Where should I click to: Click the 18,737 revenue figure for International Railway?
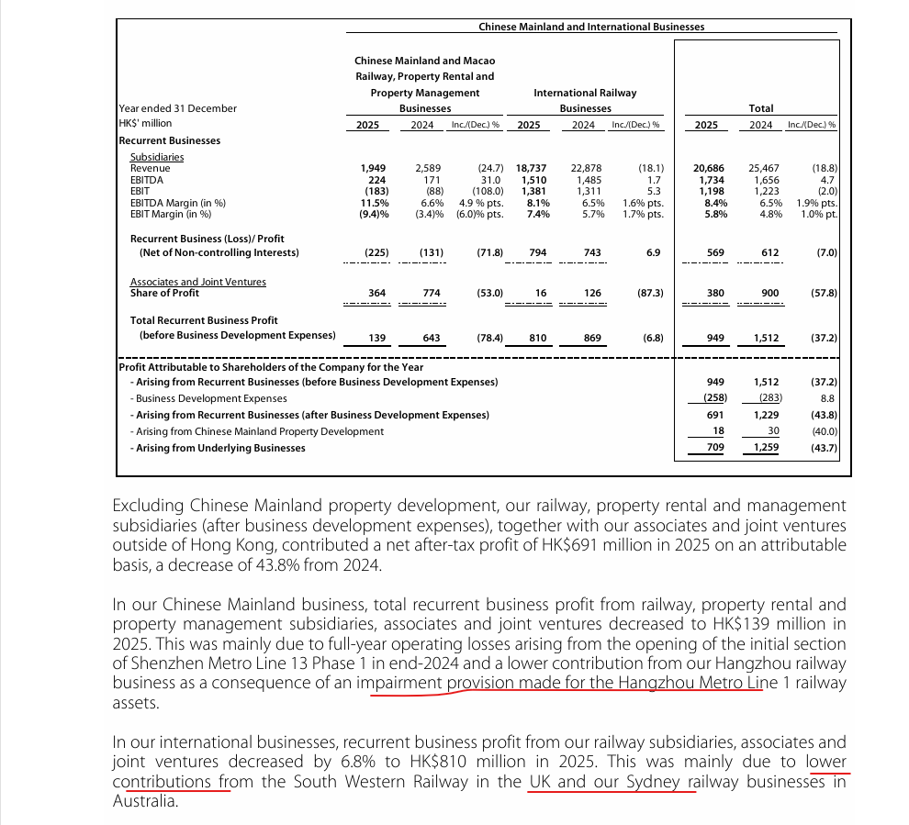coord(532,169)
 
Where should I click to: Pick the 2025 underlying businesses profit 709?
coord(715,448)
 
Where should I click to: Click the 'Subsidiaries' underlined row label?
coord(157,157)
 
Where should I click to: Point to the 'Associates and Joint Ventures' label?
coord(198,282)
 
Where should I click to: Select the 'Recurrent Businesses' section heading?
coord(170,140)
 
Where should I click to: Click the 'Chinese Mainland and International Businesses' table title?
coord(591,27)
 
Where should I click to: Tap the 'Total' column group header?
coord(761,108)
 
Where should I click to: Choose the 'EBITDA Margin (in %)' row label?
coord(178,202)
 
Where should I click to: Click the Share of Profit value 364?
coord(376,294)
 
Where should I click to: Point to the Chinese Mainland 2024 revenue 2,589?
coord(428,169)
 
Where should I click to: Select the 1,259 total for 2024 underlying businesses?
coord(767,448)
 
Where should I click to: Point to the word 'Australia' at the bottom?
coord(144,801)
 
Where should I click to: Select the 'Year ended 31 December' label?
coord(178,108)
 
